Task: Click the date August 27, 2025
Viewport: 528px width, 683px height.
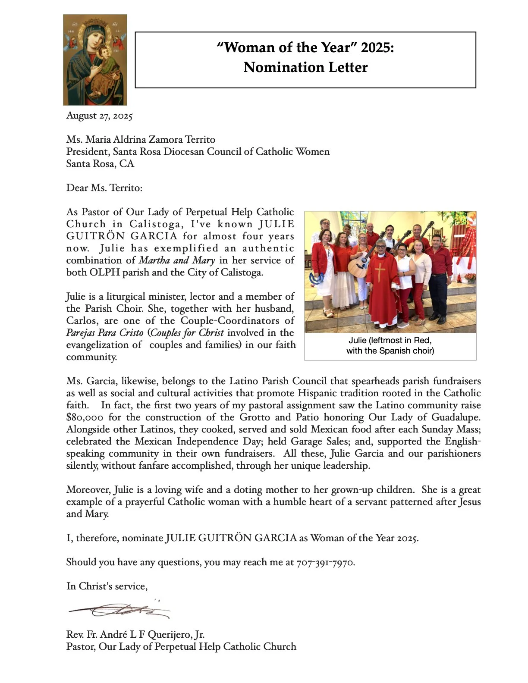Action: [99, 116]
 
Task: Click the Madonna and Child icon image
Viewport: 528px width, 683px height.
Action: [95, 60]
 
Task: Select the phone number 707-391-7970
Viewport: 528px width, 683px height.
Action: [325, 562]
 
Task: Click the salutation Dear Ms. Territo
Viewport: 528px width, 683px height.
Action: [104, 188]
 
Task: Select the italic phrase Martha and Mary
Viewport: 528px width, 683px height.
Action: [176, 260]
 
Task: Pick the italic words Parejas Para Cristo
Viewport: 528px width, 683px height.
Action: [104, 333]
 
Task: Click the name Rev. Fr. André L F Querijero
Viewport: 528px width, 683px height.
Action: [135, 635]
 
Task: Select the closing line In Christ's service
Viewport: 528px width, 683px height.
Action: [107, 586]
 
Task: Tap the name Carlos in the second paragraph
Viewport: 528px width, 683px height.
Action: [82, 321]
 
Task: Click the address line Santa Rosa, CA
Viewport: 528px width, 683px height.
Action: [100, 164]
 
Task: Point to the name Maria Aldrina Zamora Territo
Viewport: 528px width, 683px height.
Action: [150, 140]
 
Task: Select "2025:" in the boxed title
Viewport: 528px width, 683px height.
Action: [377, 47]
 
